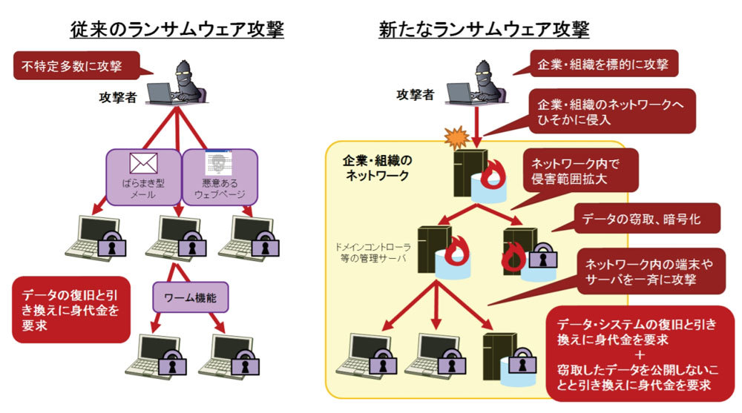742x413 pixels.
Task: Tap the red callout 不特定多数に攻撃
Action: tap(77, 67)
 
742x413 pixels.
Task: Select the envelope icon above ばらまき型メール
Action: tap(144, 162)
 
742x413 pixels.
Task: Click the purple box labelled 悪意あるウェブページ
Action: tap(219, 177)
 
